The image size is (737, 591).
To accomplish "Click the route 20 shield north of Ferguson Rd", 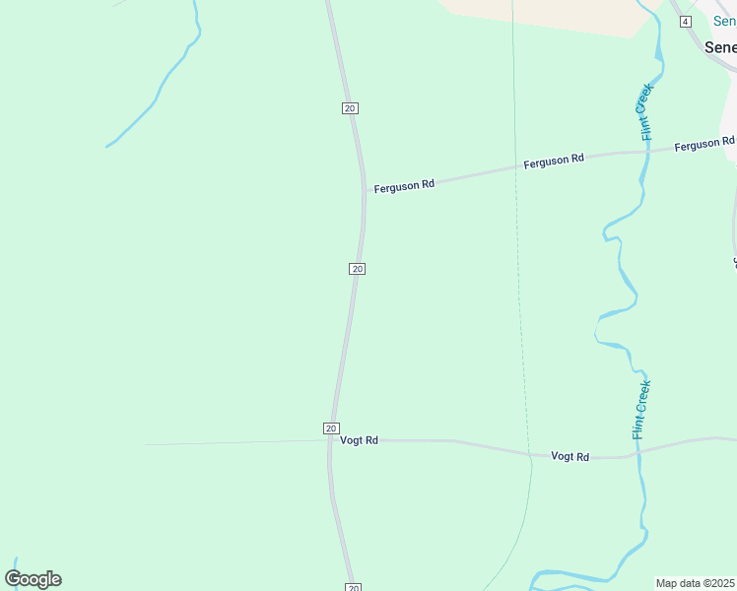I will click(350, 108).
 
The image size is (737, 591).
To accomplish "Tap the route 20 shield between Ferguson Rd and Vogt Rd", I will click(357, 269).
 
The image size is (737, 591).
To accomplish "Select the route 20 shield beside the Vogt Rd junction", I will click(331, 428).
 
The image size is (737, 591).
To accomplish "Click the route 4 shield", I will click(686, 22).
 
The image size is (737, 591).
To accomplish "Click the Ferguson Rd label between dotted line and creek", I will click(554, 160).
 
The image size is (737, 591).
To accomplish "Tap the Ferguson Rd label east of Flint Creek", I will click(703, 145).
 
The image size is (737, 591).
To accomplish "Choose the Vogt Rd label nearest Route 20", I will click(359, 440).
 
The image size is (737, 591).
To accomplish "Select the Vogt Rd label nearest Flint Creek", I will click(570, 456).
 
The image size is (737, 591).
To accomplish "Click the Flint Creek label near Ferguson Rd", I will click(646, 112).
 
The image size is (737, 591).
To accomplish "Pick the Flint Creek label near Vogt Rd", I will click(641, 410).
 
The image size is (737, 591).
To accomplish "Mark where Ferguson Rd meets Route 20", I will click(364, 190).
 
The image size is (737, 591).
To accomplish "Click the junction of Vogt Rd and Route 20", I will click(329, 440).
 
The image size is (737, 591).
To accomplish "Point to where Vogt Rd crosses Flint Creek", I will click(638, 454).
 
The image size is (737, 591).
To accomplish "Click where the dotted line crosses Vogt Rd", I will click(530, 455).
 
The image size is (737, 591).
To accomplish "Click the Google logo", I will click(33, 579).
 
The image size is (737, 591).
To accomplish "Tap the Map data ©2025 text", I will click(696, 583).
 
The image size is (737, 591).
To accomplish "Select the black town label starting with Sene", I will click(720, 47).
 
